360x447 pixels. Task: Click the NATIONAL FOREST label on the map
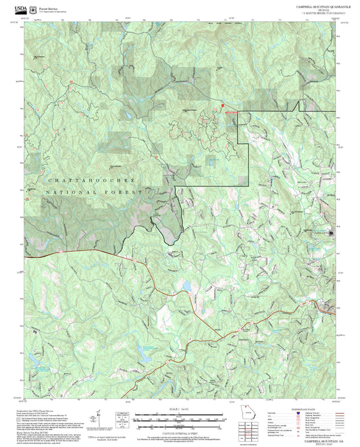click(x=95, y=193)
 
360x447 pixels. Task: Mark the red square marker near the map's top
click(x=223, y=105)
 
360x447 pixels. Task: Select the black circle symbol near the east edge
click(x=331, y=234)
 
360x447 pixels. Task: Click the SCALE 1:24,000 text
click(x=180, y=407)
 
